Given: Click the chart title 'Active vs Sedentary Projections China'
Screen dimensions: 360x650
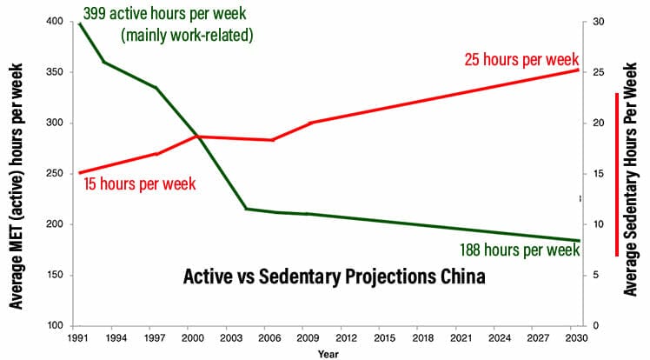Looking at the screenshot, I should coord(334,277).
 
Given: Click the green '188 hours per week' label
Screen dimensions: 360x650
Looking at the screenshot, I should coord(519,250).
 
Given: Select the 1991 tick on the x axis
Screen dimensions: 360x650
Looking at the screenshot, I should coord(79,338).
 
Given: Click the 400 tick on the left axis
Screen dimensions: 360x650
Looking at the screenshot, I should coord(57,21).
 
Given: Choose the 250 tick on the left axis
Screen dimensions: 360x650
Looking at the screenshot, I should coord(57,174).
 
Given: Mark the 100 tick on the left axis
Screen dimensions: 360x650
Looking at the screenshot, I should coord(57,326).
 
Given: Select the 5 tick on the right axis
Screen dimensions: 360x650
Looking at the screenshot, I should coord(597,276).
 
